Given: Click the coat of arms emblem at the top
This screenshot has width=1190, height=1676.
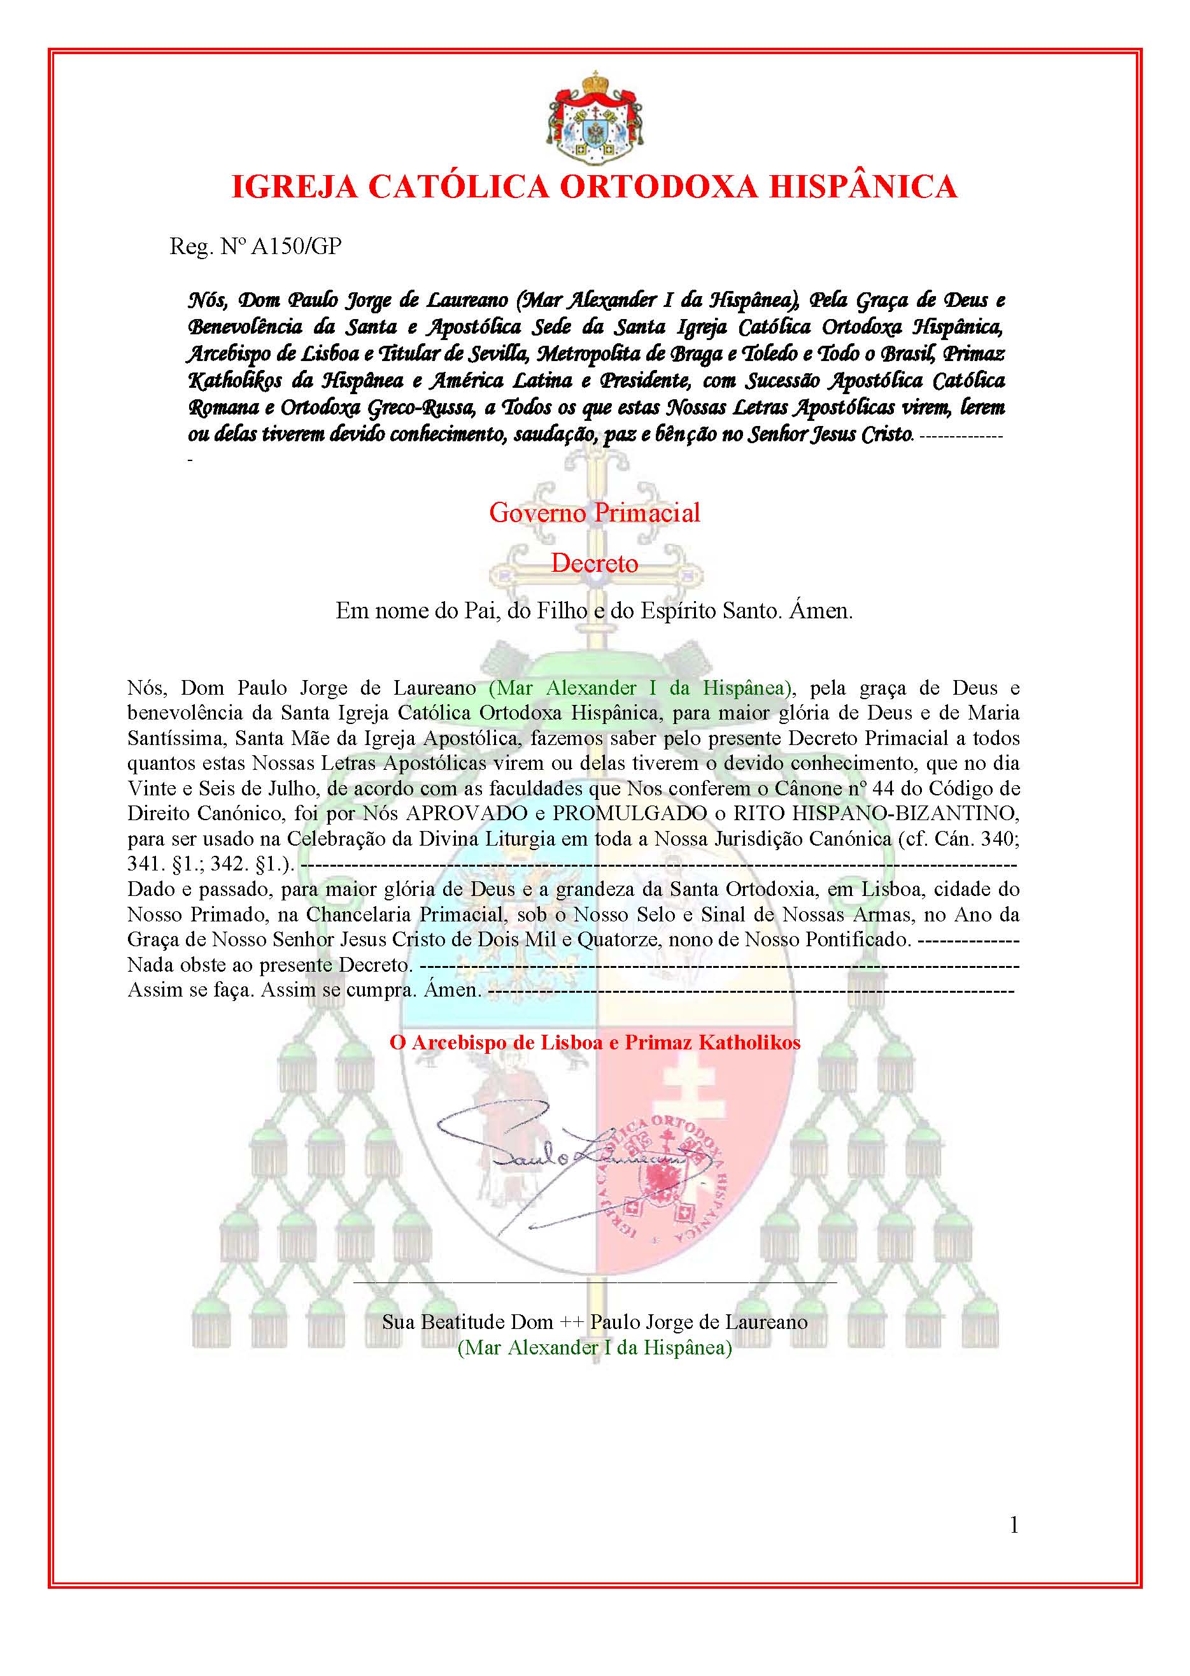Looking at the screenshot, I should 594,118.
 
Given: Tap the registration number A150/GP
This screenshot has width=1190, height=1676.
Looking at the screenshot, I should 296,246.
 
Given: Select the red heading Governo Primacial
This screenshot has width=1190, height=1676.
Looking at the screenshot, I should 594,512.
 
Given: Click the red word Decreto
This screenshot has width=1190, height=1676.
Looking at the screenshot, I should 594,563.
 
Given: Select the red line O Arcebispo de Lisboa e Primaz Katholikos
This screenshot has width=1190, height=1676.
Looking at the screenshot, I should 594,1043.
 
